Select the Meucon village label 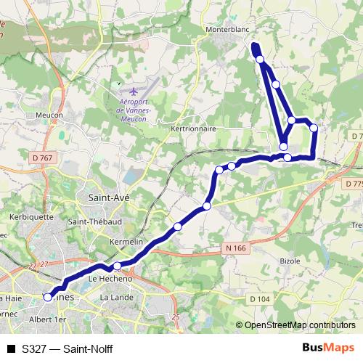point(49,115)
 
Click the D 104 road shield point(261,298)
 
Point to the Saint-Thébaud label point(94,221)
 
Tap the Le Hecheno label point(110,278)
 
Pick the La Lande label point(115,298)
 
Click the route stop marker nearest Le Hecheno point(118,266)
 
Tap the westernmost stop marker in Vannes point(49,296)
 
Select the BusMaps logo point(328,348)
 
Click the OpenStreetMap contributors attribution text point(295,325)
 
